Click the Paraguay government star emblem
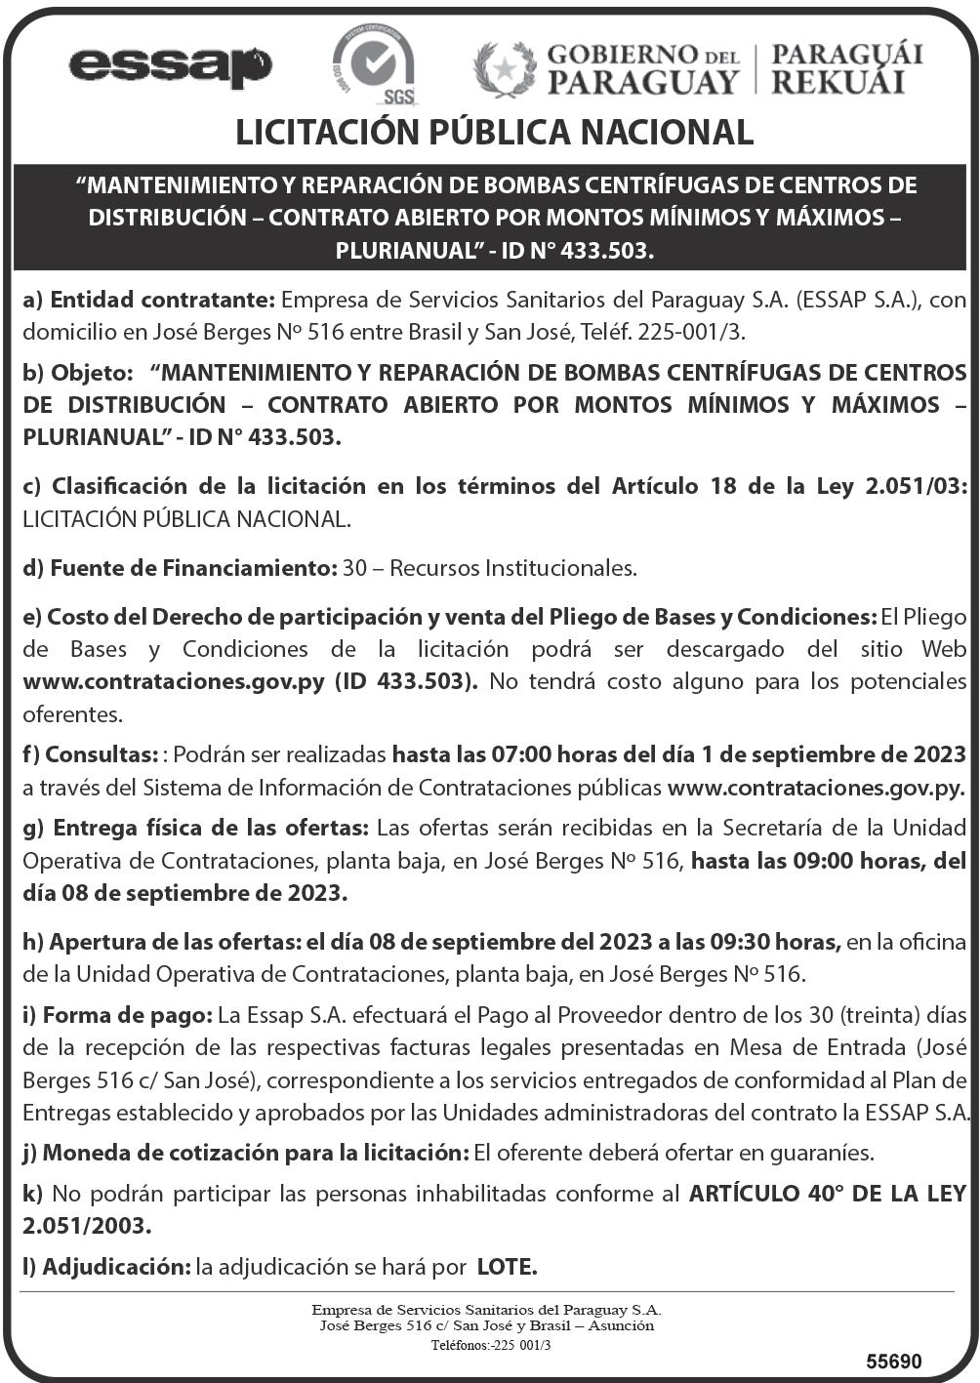(x=505, y=69)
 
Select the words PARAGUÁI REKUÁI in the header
(x=846, y=68)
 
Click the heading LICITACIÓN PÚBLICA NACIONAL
(x=494, y=133)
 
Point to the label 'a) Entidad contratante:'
(x=150, y=300)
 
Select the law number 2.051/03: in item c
(x=916, y=486)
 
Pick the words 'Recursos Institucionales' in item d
(x=513, y=567)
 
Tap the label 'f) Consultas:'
(x=91, y=754)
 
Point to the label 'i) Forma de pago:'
(x=117, y=1015)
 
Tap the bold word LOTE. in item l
(x=508, y=1267)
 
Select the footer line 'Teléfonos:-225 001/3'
(x=491, y=1345)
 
